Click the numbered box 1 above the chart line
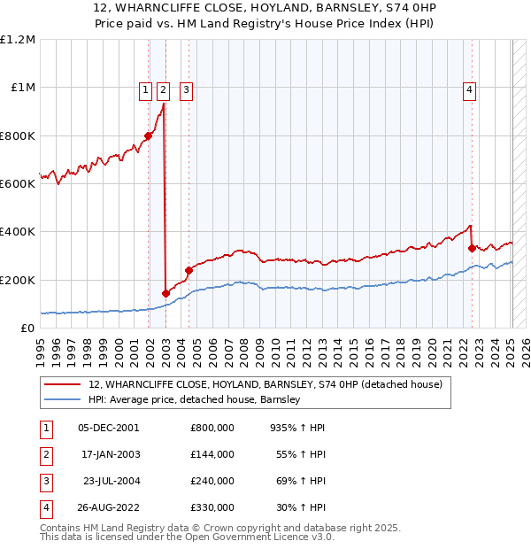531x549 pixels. click(x=145, y=89)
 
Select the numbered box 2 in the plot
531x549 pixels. click(x=164, y=89)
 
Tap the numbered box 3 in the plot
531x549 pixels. click(x=187, y=89)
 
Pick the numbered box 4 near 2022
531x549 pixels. click(x=470, y=89)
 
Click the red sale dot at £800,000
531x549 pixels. click(x=148, y=135)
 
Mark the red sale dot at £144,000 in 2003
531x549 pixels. click(x=165, y=293)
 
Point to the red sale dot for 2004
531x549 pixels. click(x=189, y=270)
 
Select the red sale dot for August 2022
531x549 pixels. click(x=472, y=248)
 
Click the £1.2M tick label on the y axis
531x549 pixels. click(x=18, y=40)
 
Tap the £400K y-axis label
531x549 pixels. click(x=18, y=232)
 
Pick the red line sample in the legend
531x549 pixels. click(x=63, y=384)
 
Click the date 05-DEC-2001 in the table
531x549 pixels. click(x=108, y=427)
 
